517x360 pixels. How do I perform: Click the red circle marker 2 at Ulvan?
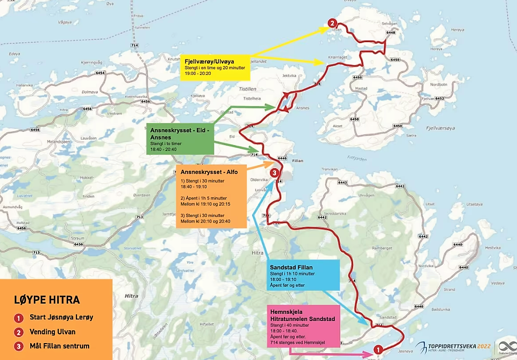[332, 23]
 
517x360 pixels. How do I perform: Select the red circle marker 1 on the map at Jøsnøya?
[378, 349]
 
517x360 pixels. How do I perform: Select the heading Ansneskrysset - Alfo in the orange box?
[207, 172]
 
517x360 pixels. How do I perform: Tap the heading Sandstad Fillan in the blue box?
[291, 267]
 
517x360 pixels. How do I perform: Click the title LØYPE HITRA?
[47, 300]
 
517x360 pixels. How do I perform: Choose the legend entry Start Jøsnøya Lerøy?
[61, 317]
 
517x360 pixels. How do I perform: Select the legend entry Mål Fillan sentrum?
[59, 346]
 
